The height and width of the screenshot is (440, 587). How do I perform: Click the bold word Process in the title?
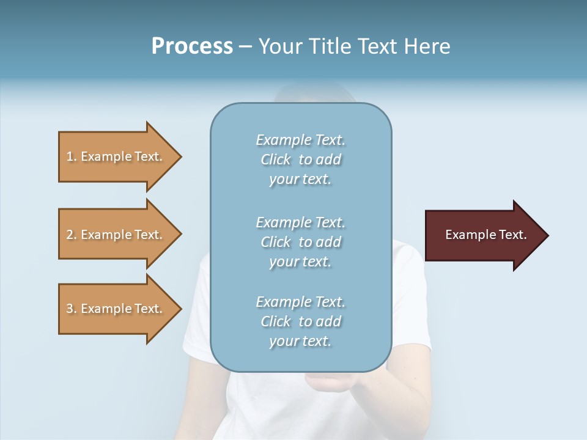192,46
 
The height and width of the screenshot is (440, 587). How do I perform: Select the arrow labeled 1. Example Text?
116,156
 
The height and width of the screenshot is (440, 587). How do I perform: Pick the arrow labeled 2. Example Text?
116,235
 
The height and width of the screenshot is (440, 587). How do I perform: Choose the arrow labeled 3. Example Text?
116,309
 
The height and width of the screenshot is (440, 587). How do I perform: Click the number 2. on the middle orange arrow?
71,235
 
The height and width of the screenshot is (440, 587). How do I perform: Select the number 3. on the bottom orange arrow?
71,309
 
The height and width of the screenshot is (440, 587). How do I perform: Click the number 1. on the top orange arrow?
71,156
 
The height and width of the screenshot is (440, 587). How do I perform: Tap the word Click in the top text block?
276,159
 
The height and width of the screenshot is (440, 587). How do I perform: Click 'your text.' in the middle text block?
300,262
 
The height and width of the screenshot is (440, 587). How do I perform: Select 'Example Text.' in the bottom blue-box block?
300,302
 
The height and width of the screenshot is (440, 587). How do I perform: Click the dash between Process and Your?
246,46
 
